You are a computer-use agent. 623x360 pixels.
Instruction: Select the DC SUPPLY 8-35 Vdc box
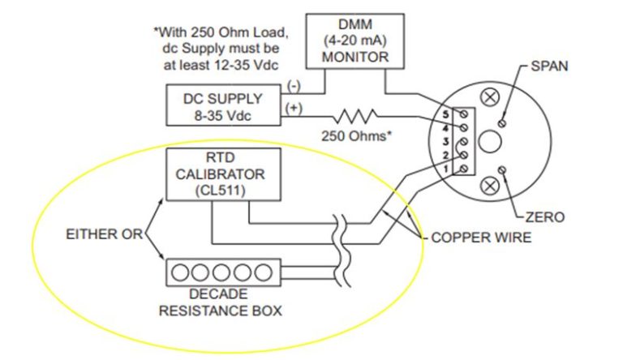224,106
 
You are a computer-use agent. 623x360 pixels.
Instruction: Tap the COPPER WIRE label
479,238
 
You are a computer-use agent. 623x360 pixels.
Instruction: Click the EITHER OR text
103,234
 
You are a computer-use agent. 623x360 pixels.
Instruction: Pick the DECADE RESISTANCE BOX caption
223,302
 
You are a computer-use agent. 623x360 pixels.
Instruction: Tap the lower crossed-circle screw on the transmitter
489,186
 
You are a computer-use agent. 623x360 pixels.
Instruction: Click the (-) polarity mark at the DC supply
293,84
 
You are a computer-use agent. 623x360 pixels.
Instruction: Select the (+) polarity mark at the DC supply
293,106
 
